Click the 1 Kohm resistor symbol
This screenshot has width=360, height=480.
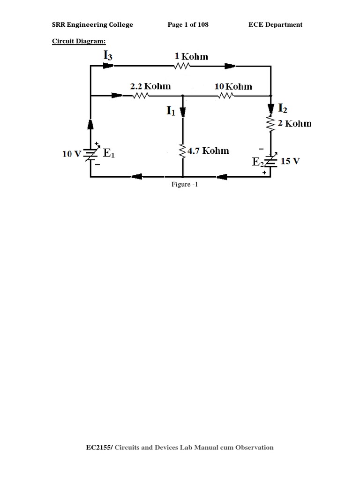(181, 67)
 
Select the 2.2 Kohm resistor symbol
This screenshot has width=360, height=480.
(141, 96)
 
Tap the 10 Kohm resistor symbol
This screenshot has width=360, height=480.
(226, 96)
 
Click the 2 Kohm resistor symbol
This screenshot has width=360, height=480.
(270, 124)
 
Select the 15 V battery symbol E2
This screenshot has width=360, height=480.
(270, 161)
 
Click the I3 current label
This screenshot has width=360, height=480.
(107, 55)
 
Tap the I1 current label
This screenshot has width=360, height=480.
(170, 111)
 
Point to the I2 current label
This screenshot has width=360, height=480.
(283, 108)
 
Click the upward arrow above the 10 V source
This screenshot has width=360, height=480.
(90, 124)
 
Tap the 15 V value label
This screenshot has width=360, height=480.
(290, 161)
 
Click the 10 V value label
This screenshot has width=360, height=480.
(72, 154)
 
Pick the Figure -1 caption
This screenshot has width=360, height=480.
(185, 185)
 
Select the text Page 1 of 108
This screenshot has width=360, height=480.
(188, 25)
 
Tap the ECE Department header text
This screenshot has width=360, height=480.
(275, 25)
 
